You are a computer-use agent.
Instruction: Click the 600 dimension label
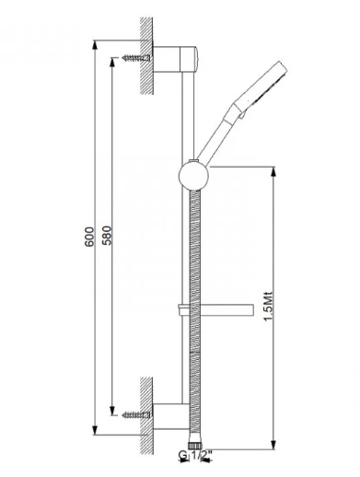(89, 237)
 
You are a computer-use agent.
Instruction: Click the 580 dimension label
(107, 236)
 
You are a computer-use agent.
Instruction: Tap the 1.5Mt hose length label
(268, 306)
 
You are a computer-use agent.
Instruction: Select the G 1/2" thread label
(195, 455)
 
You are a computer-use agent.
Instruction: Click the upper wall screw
(136, 58)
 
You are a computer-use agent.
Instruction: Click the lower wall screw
(136, 415)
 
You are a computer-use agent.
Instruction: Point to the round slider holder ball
(193, 176)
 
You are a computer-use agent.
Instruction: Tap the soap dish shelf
(215, 310)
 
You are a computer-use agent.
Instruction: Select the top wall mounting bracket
(175, 60)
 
